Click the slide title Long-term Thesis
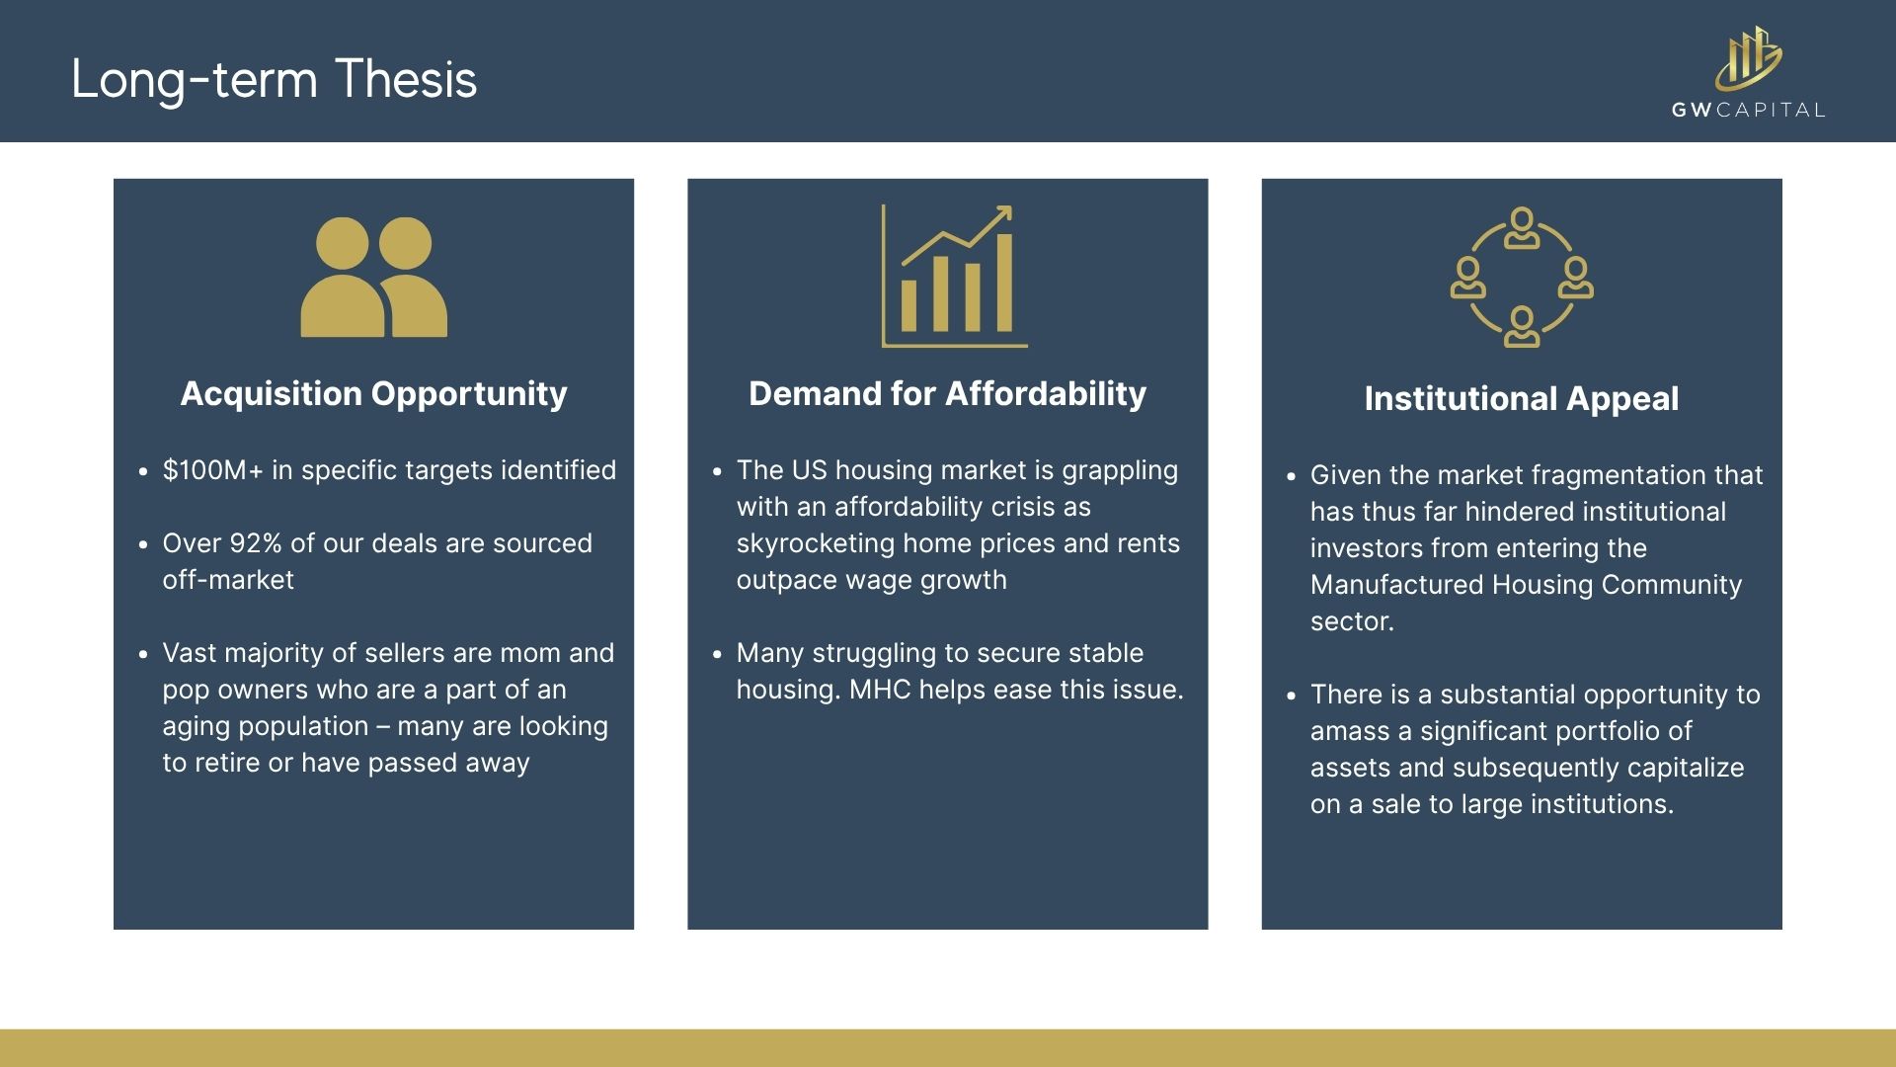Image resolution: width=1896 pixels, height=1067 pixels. pyautogui.click(x=274, y=80)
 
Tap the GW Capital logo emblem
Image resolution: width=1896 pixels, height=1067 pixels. pyautogui.click(x=1748, y=58)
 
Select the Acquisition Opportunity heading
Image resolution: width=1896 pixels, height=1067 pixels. pyautogui.click(x=373, y=394)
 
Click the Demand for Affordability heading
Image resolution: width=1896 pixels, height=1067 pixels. pyautogui.click(x=947, y=394)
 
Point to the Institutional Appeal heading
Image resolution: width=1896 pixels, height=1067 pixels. pyautogui.click(x=1521, y=399)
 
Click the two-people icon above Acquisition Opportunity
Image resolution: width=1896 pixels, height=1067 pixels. pyautogui.click(x=373, y=277)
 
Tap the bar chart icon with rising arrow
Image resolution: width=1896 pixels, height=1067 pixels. pyautogui.click(x=954, y=276)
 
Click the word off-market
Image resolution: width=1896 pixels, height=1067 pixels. pyautogui.click(x=228, y=580)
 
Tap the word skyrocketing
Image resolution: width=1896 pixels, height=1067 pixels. pyautogui.click(x=815, y=544)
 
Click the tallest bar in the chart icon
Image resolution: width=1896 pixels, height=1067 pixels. pyautogui.click(x=1004, y=283)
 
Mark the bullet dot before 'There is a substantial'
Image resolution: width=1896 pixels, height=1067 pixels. pyautogui.click(x=1291, y=696)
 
